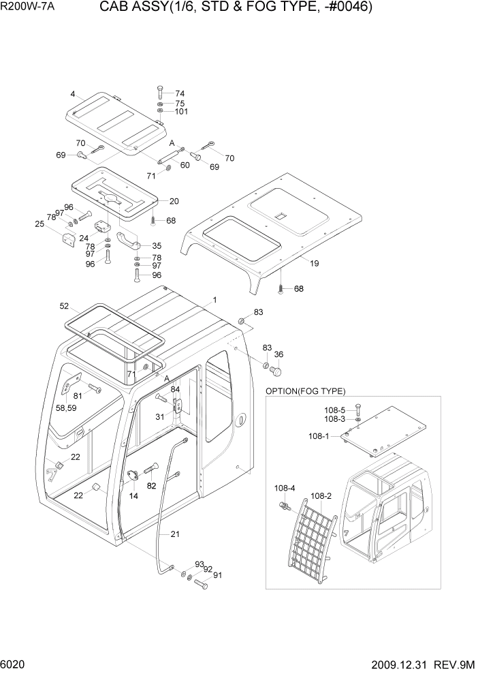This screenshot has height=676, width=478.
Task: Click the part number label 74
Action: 180,93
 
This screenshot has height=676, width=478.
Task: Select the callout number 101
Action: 181,112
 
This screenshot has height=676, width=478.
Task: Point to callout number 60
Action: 185,164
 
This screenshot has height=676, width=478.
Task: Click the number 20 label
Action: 174,201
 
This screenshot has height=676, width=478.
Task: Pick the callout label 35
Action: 156,246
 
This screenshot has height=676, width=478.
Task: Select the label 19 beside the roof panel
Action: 314,262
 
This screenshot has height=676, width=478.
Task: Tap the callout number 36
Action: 278,354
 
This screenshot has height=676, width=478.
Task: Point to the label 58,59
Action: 70,408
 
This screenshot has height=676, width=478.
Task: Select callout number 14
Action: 133,496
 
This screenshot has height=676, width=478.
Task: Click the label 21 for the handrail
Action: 175,534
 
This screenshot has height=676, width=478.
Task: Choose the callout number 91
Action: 219,574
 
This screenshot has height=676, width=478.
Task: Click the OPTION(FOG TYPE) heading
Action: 305,391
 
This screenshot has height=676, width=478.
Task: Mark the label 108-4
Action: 285,488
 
